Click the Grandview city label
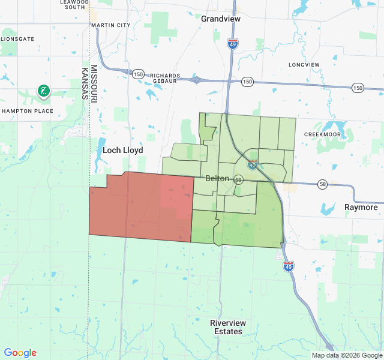coord(221,19)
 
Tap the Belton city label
coord(217,179)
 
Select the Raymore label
coord(361,208)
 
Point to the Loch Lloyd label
coord(123,151)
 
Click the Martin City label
coord(110,25)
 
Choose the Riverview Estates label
coord(227,327)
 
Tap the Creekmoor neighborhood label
coord(322,134)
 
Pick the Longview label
coord(304,64)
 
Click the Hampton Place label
coord(28,111)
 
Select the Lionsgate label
coord(18,39)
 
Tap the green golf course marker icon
coord(43,91)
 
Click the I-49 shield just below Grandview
coord(233,43)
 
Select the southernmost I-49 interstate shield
coord(289,266)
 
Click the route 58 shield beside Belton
coord(238,179)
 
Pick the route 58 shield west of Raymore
coord(323,184)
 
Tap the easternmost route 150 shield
coord(358,88)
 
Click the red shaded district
coord(141,207)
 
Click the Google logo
coord(20,353)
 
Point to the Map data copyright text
coord(346,355)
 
